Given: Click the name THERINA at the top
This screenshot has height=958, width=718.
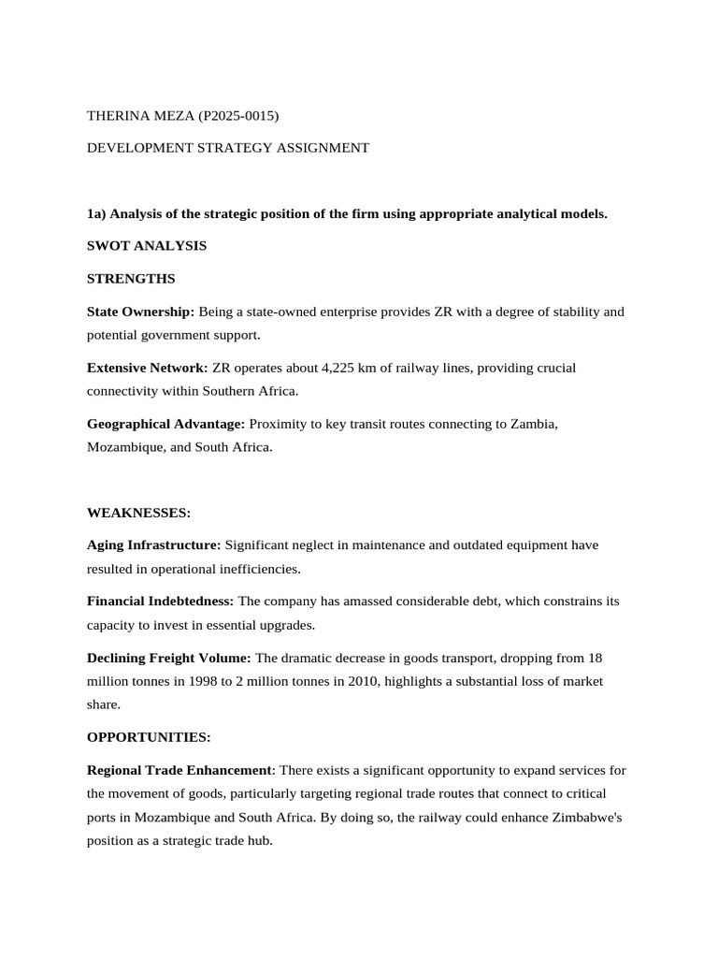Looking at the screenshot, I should click(x=119, y=116).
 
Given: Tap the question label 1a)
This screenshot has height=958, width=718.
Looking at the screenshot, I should click(x=96, y=214).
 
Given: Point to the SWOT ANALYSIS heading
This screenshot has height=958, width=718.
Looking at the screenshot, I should click(x=147, y=246).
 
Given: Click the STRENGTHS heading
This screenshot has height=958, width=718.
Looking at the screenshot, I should click(x=131, y=279).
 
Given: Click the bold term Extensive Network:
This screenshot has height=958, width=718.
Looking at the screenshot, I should click(x=148, y=368).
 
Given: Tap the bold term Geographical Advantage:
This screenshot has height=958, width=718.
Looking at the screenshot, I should click(x=166, y=424).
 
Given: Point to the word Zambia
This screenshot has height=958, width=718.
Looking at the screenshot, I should click(x=533, y=424).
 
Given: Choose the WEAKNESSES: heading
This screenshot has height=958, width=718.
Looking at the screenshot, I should click(x=138, y=513).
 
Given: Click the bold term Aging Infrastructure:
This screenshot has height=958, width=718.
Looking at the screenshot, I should click(x=154, y=545).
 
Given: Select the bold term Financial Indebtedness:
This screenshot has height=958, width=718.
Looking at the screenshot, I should click(x=161, y=602).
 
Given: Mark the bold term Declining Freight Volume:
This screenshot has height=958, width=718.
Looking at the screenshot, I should click(x=169, y=658).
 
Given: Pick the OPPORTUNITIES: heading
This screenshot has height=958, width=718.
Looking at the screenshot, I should click(x=149, y=737).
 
